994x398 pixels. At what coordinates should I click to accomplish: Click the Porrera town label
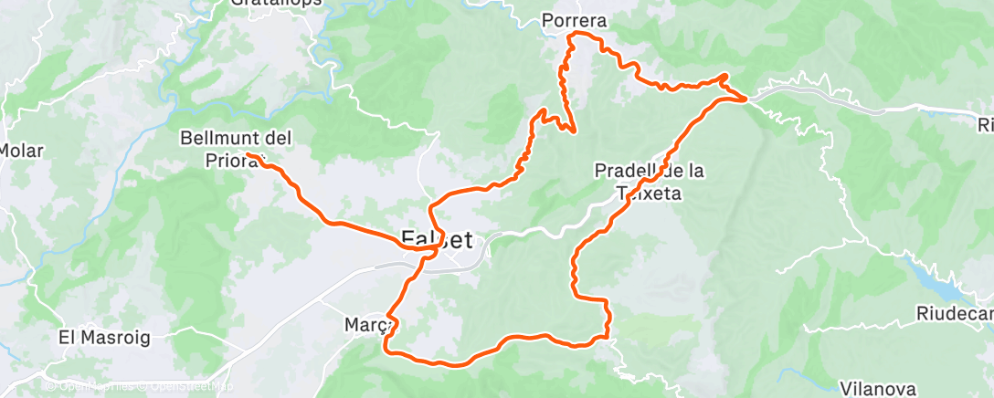(574, 20)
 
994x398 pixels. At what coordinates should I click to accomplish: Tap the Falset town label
(437, 241)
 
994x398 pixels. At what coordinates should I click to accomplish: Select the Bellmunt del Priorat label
(236, 148)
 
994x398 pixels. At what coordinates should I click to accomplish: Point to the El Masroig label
(103, 337)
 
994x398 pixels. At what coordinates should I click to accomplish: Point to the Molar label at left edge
(22, 151)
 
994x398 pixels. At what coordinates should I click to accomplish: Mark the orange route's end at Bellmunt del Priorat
(248, 154)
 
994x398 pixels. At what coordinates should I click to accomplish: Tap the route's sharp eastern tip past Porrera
(746, 97)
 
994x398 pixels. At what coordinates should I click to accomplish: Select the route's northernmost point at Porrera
(573, 35)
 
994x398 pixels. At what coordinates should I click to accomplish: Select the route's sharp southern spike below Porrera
(574, 131)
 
